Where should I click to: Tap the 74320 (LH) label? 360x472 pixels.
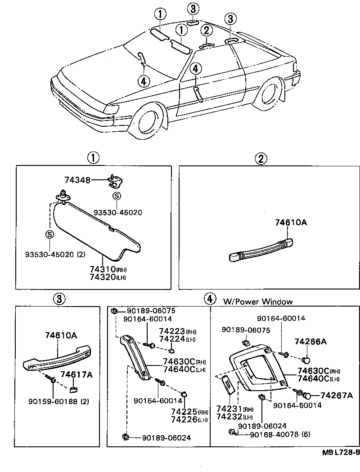point(108,277)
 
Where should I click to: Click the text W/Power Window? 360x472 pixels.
point(257,301)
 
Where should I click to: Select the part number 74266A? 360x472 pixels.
point(310,342)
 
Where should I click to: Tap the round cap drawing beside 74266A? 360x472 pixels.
point(306,360)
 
